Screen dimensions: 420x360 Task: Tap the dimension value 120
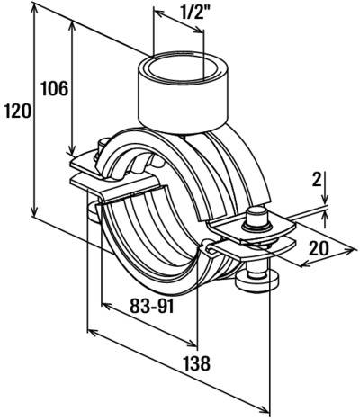tap(17, 112)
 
